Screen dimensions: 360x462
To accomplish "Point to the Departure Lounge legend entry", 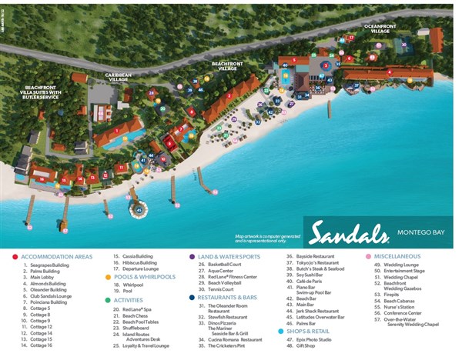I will click(147, 269).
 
